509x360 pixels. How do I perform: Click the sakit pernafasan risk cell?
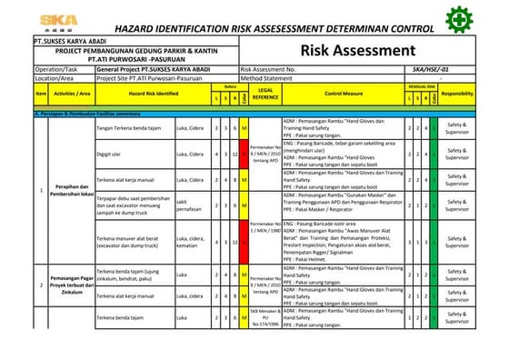coord(188,205)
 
